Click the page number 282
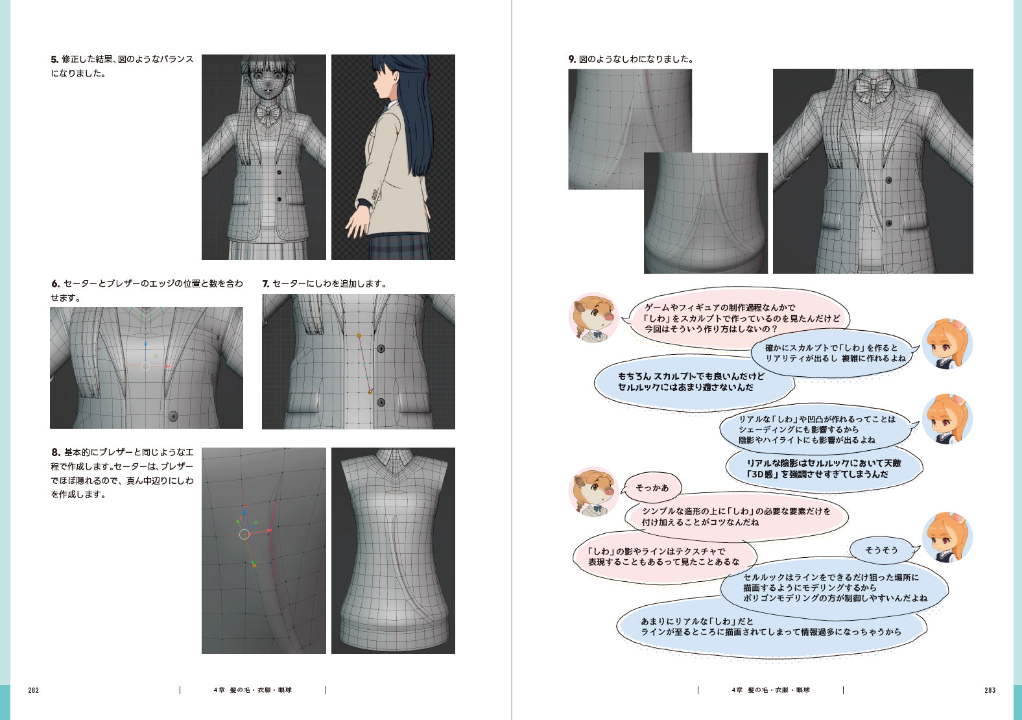pos(33,690)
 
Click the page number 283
pos(990,690)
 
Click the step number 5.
pos(54,59)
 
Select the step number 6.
pos(55,284)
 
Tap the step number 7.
pos(265,284)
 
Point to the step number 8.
pos(56,452)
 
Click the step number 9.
pos(572,59)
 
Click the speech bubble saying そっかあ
pos(652,488)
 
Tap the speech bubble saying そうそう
pos(882,550)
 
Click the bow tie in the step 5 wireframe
pos(268,114)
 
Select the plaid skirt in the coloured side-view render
pos(399,246)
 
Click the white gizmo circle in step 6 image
pos(145,366)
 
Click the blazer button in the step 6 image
pos(173,416)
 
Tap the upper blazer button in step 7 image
pos(381,349)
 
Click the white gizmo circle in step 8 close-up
pos(244,534)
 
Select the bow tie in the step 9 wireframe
pos(872,88)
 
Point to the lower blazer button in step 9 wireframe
pos(889,223)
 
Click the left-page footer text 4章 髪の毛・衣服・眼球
pos(253,690)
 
